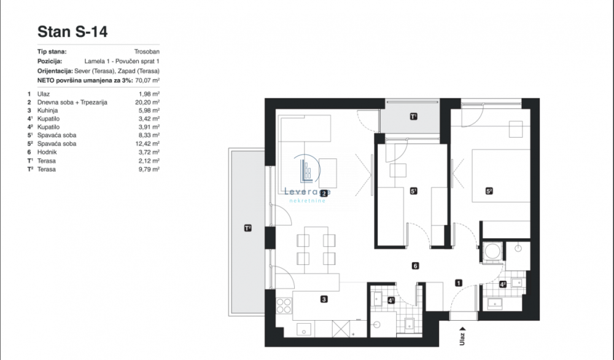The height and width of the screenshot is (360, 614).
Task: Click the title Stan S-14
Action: click(72, 32)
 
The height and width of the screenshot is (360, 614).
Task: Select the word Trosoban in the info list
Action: click(147, 53)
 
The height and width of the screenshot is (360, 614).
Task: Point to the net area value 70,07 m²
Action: click(147, 80)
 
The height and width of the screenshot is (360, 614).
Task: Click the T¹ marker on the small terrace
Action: click(413, 116)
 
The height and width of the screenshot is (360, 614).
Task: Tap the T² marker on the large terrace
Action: click(247, 229)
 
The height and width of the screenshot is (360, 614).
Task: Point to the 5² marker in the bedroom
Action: click(489, 191)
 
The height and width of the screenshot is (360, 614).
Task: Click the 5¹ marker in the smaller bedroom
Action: click(413, 191)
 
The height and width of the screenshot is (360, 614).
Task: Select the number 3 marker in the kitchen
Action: click(323, 300)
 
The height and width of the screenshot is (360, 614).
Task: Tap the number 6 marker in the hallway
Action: click(416, 266)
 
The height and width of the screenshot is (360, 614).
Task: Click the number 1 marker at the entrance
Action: click(458, 283)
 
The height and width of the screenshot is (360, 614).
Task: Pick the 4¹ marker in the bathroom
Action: click(391, 300)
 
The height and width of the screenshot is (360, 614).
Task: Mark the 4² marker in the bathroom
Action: click(503, 284)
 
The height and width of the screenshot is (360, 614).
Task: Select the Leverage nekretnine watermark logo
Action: click(308, 178)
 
